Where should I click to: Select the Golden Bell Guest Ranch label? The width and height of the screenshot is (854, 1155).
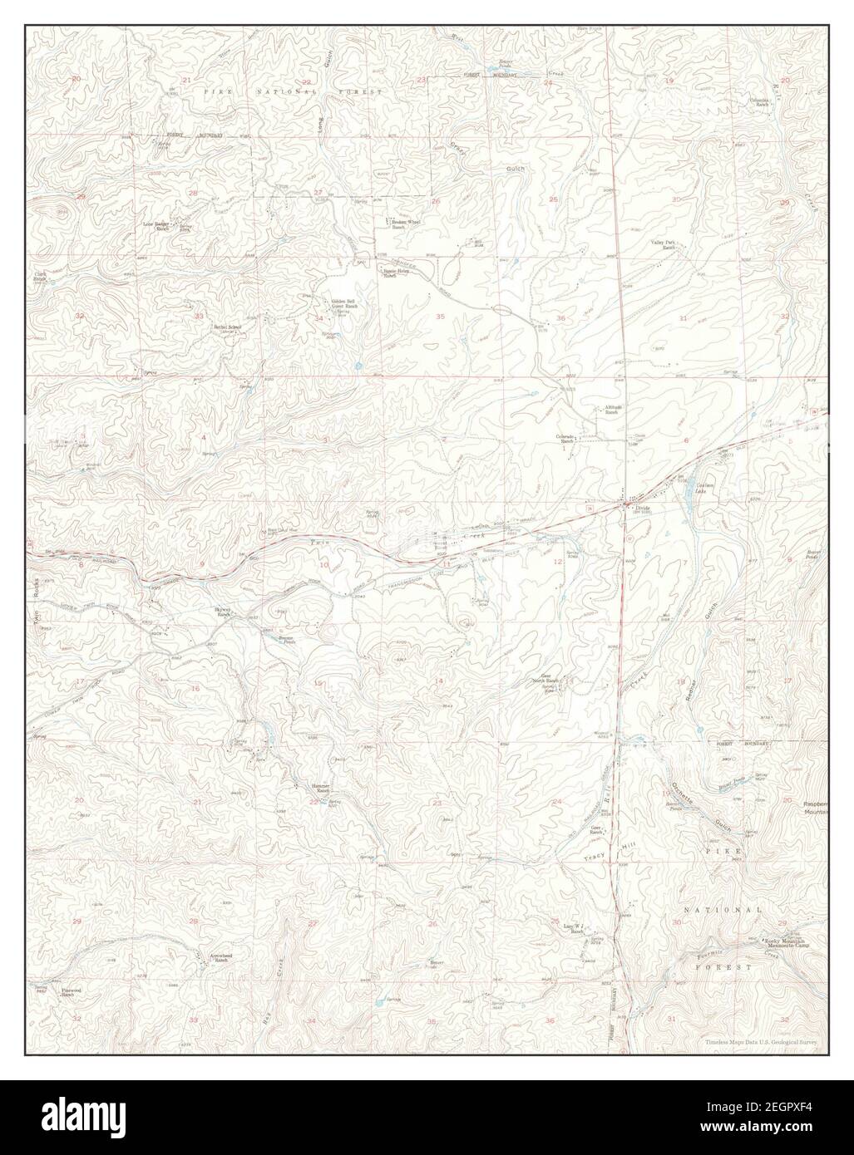tap(344, 304)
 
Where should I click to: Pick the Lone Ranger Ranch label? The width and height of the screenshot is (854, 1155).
tap(156, 225)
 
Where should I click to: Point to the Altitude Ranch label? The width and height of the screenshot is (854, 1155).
tap(615, 409)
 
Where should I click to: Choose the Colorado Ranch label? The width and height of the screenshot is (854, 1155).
tap(568, 438)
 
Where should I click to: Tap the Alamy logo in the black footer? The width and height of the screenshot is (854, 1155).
tap(91, 1117)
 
